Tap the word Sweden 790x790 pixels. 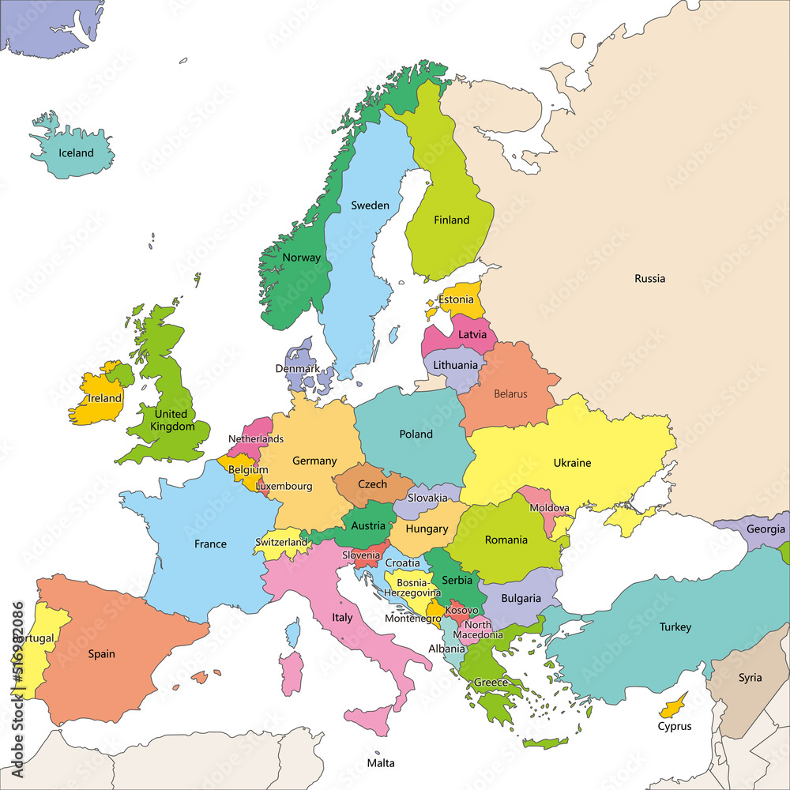click(x=370, y=205)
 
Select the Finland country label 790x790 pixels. click(x=451, y=220)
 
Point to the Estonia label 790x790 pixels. click(x=456, y=300)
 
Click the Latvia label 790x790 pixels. click(x=472, y=335)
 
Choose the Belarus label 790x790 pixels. click(x=510, y=393)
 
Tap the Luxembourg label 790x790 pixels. click(x=284, y=487)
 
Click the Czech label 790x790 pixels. click(x=372, y=484)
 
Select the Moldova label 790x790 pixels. click(x=549, y=508)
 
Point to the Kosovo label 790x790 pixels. click(x=461, y=611)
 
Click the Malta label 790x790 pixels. click(x=380, y=763)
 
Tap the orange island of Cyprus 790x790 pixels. click(x=674, y=702)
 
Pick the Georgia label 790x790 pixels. click(x=766, y=529)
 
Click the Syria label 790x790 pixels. click(x=750, y=678)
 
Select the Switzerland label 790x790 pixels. click(x=281, y=543)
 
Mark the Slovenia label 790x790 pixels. click(x=361, y=555)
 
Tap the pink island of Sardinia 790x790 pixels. click(x=291, y=672)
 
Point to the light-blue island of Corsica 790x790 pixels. click(x=294, y=631)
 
